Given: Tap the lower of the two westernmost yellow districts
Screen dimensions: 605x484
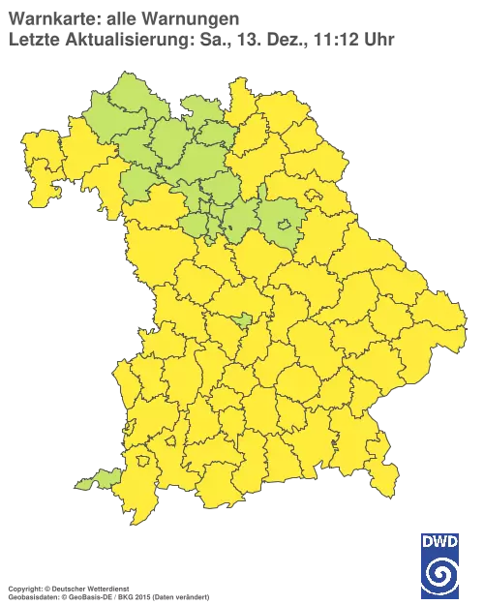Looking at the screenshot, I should (x=44, y=189).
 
